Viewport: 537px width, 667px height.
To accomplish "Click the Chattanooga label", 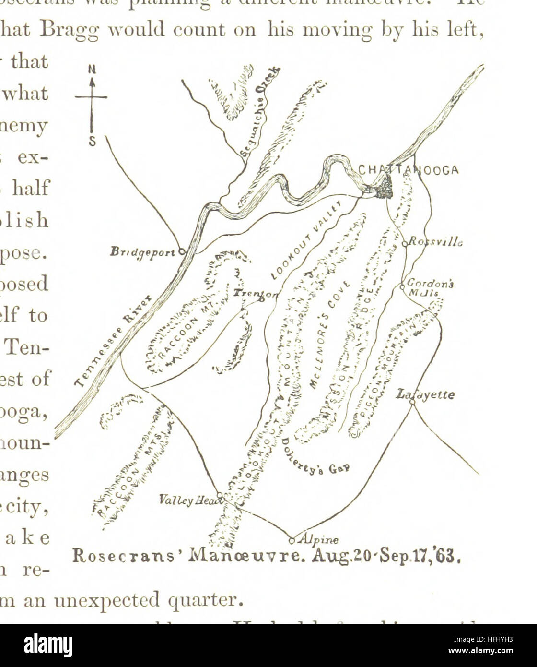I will click(409, 170).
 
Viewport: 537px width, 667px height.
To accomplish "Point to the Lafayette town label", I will click(425, 394).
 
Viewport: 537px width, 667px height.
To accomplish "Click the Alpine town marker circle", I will click(292, 541).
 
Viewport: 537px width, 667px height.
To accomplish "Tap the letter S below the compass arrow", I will click(92, 142).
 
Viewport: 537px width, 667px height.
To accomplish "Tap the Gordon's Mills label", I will click(430, 287).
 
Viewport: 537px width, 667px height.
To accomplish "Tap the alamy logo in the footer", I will click(48, 645).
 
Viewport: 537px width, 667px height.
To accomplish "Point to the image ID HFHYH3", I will click(499, 639).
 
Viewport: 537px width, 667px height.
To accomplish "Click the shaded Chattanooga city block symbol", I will click(383, 187).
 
